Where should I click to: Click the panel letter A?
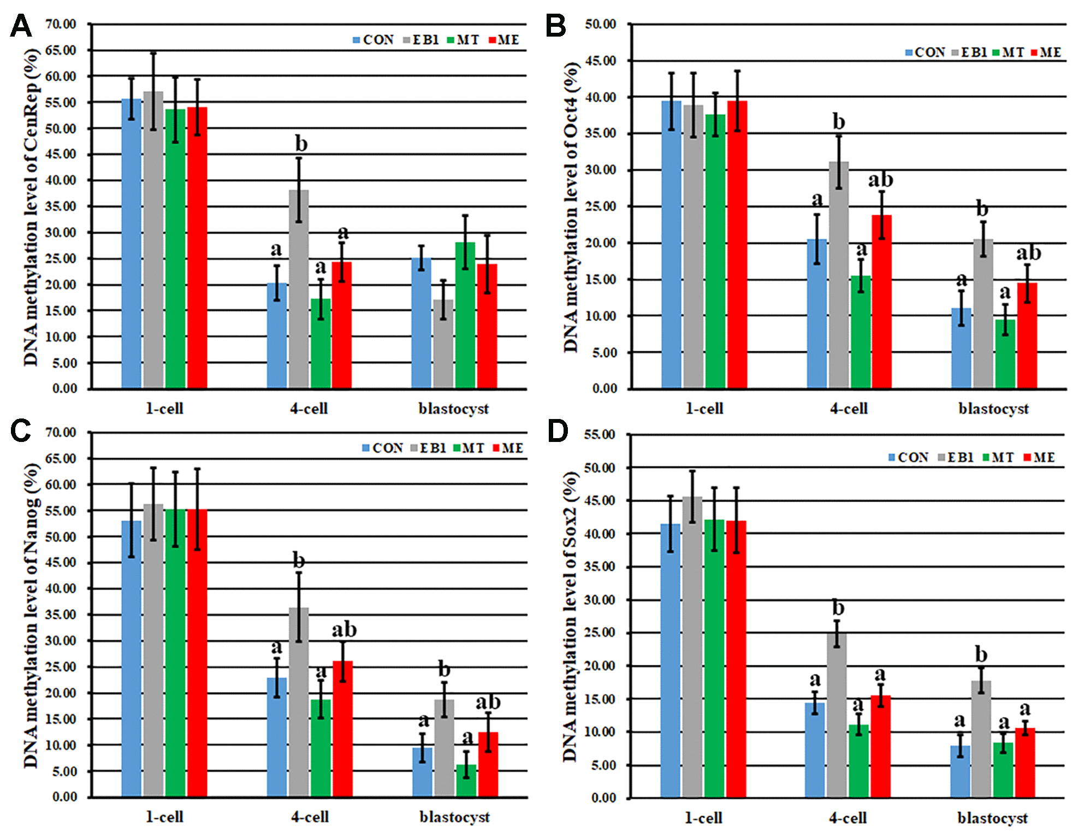[x=21, y=26]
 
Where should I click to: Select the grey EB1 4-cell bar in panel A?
[x=299, y=290]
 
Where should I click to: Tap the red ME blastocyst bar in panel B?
[x=1027, y=335]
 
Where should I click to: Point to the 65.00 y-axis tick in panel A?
[x=61, y=50]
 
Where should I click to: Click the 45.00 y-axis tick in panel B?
[x=600, y=61]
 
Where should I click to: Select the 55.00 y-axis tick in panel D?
[x=599, y=435]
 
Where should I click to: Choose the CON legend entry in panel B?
[x=925, y=52]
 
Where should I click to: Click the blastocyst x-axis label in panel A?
[x=453, y=409]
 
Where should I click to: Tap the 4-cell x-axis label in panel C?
[x=310, y=817]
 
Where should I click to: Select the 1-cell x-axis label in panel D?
[x=703, y=818]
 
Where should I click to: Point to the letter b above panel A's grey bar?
[x=301, y=144]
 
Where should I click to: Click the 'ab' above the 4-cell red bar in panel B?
[x=880, y=179]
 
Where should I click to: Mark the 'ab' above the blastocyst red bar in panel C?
[x=488, y=701]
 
